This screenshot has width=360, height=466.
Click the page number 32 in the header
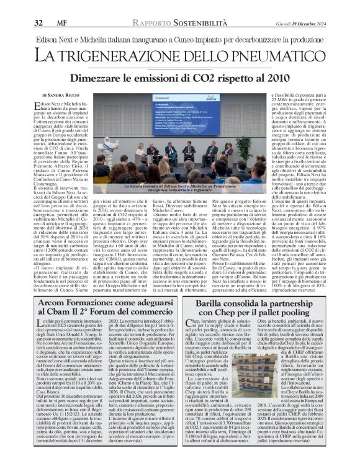38,7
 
